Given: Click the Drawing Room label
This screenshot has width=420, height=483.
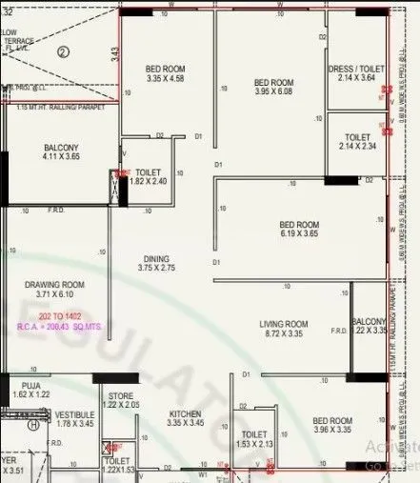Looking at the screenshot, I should pyautogui.click(x=54, y=284).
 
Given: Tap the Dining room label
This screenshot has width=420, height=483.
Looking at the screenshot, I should pyautogui.click(x=155, y=258).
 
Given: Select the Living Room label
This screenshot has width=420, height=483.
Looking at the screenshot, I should pyautogui.click(x=284, y=324).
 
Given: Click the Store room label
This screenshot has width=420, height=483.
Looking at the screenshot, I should pyautogui.click(x=120, y=395).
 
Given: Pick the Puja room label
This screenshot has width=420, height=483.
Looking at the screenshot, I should pyautogui.click(x=24, y=383).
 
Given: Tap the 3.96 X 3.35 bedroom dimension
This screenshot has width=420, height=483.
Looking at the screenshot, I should pyautogui.click(x=332, y=431).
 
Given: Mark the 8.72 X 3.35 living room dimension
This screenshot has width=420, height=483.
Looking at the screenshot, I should pyautogui.click(x=285, y=335).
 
